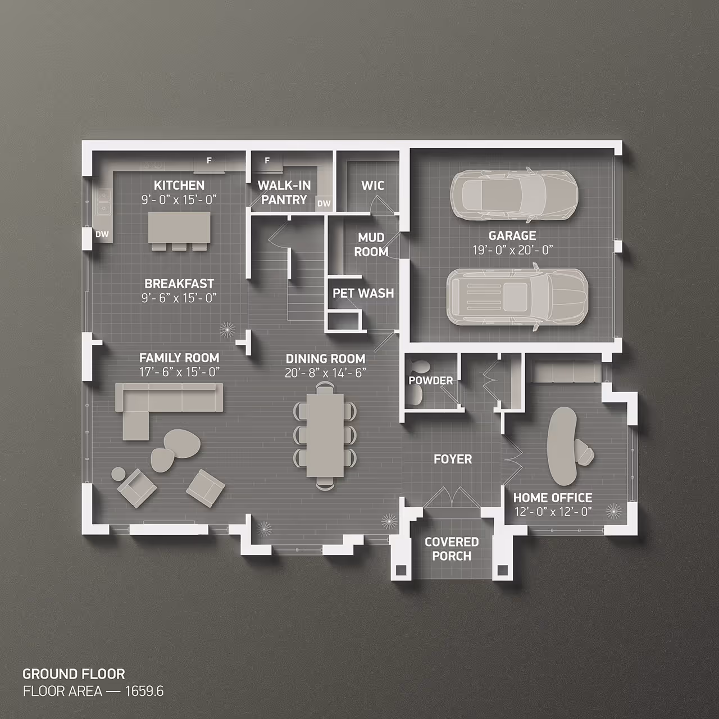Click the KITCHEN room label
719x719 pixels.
(x=179, y=185)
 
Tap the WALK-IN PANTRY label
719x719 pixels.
(x=284, y=192)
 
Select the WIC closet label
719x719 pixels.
(x=372, y=185)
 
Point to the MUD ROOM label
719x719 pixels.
(x=371, y=245)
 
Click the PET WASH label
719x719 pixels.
(x=363, y=293)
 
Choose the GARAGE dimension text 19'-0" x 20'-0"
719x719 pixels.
(x=512, y=250)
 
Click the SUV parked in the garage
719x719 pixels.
(x=517, y=297)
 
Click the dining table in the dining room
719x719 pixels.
(x=325, y=434)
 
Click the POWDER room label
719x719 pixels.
(x=430, y=380)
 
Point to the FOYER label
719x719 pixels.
(x=453, y=459)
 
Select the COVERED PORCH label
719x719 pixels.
(x=452, y=549)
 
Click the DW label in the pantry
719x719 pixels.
(x=324, y=203)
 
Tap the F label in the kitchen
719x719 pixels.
(x=209, y=161)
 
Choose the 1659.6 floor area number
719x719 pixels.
(x=144, y=691)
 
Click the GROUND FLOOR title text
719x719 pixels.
(x=74, y=674)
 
